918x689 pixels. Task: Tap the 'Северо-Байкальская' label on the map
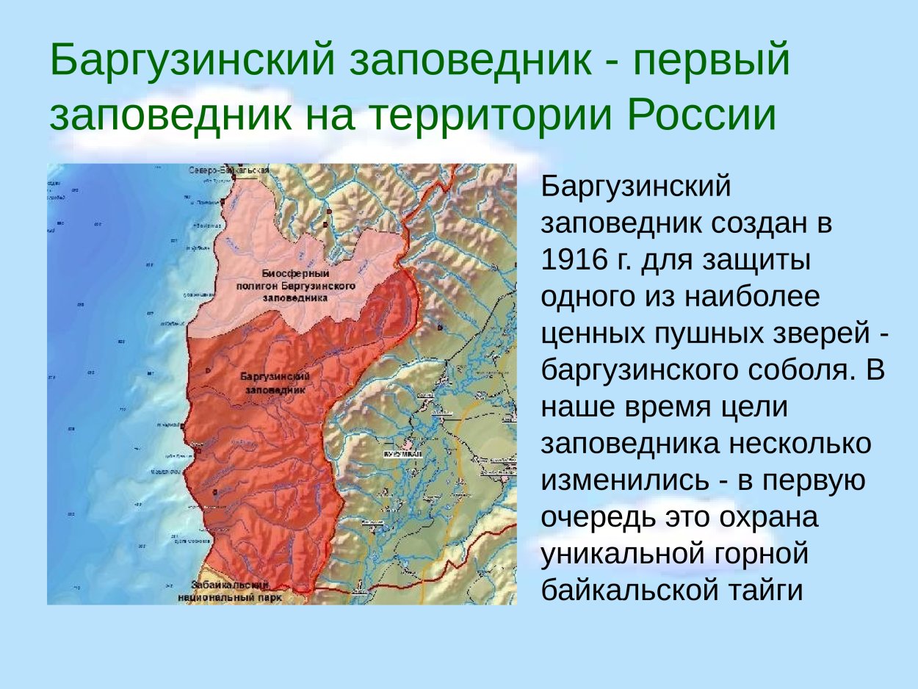pos(229,170)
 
